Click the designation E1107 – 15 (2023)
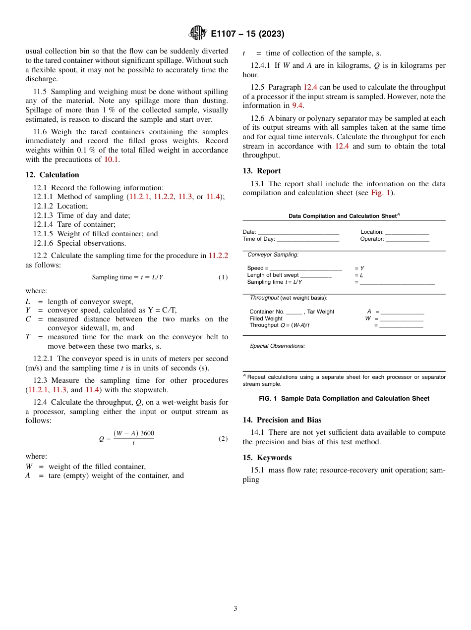point(247,34)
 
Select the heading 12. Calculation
point(52,175)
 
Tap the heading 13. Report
point(261,171)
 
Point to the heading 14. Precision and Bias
point(282,420)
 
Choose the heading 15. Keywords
point(267,458)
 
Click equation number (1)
point(223,277)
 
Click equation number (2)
point(223,439)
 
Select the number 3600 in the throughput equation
point(147,433)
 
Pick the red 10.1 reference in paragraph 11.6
point(111,159)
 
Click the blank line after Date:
point(298,233)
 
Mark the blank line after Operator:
point(407,240)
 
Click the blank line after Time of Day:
point(307,240)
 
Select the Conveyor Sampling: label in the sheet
point(273,255)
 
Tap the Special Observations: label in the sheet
point(277,346)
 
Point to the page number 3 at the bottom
point(235,609)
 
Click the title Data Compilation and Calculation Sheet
point(343,216)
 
